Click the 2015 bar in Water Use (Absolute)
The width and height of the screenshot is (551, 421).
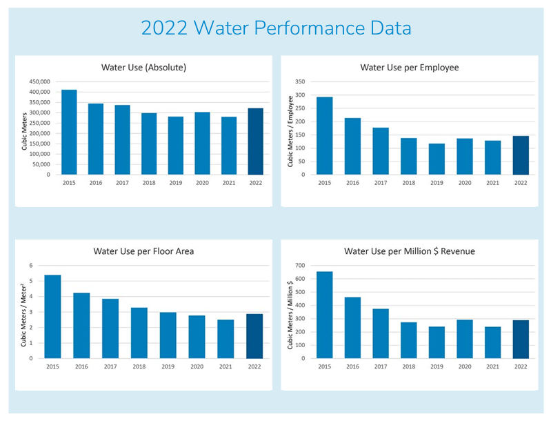click(69, 132)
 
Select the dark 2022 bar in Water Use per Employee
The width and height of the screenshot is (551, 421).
click(520, 155)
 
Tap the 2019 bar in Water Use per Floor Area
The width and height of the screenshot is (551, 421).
click(168, 335)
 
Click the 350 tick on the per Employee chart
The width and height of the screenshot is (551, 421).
click(300, 81)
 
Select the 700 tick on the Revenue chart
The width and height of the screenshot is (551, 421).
click(300, 265)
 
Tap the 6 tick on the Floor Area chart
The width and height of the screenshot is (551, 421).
click(31, 265)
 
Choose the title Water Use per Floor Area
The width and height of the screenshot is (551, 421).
click(143, 251)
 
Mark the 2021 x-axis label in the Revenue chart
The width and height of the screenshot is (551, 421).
click(492, 368)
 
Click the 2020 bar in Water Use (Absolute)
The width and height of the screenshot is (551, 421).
click(202, 144)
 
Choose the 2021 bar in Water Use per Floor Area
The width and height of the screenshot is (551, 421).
click(226, 339)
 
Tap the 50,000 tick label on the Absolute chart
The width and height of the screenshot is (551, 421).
click(43, 164)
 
